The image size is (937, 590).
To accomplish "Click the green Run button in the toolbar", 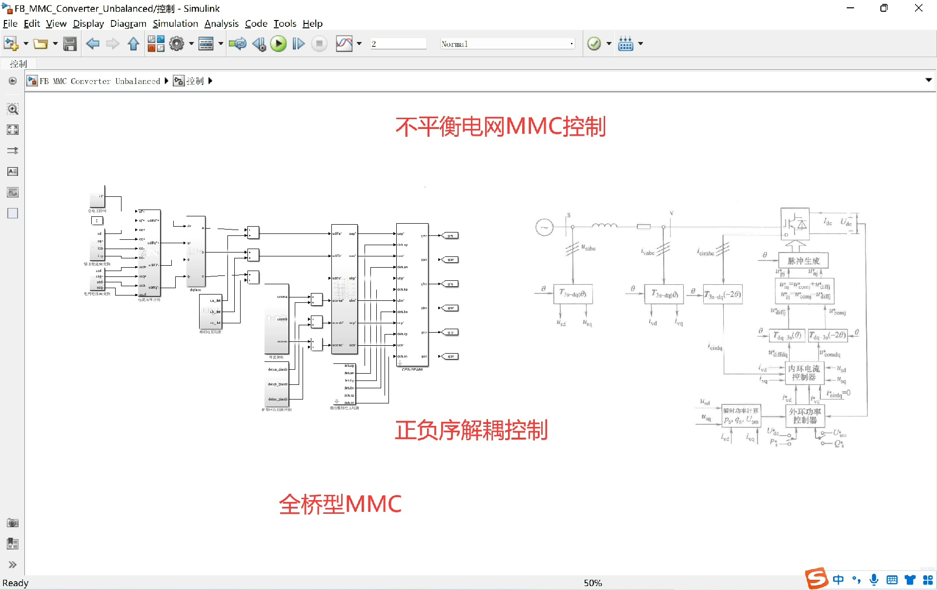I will point(278,44).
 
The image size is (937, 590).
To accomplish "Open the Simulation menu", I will point(175,23).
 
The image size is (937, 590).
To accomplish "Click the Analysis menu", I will point(221,23).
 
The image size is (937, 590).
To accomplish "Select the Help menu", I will point(312,23).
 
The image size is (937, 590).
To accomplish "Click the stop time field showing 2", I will point(398,44).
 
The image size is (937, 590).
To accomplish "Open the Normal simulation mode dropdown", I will point(507,44).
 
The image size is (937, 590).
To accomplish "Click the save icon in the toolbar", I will point(70,44).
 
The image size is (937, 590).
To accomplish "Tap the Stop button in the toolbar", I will point(319,44).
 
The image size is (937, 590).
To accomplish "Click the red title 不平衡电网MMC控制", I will point(500,126).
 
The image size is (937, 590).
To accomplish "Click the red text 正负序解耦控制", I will point(471,430).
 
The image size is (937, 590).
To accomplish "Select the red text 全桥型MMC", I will point(340,504).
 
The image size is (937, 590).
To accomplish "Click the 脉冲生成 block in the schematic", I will point(803,261).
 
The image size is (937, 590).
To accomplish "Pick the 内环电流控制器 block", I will point(804,373).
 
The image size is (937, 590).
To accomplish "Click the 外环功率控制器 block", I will point(805,416).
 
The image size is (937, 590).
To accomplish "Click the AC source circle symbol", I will point(544,227).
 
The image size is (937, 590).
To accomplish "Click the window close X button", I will point(918,8).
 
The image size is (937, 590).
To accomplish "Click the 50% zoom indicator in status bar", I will point(593,583).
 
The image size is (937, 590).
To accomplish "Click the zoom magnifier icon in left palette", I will point(13,109).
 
